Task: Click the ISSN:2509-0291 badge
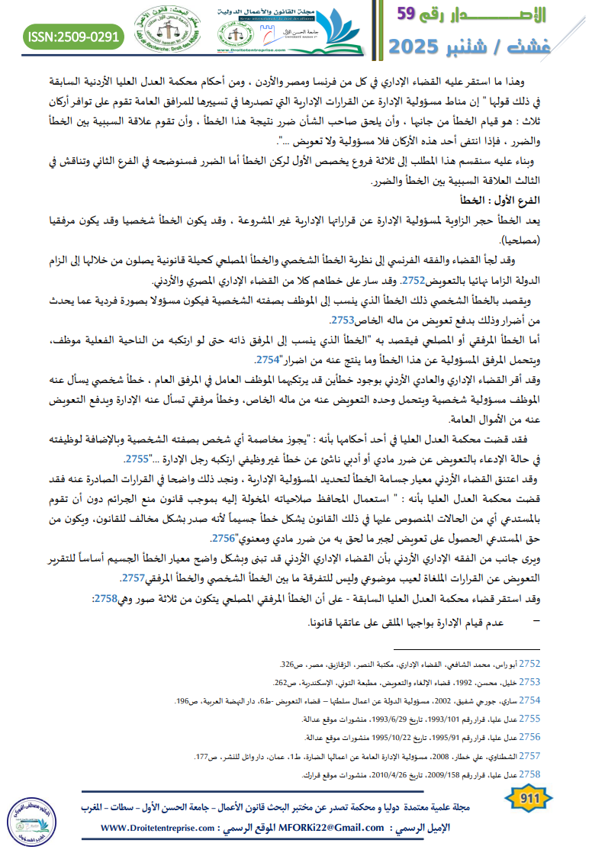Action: click(72, 37)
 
